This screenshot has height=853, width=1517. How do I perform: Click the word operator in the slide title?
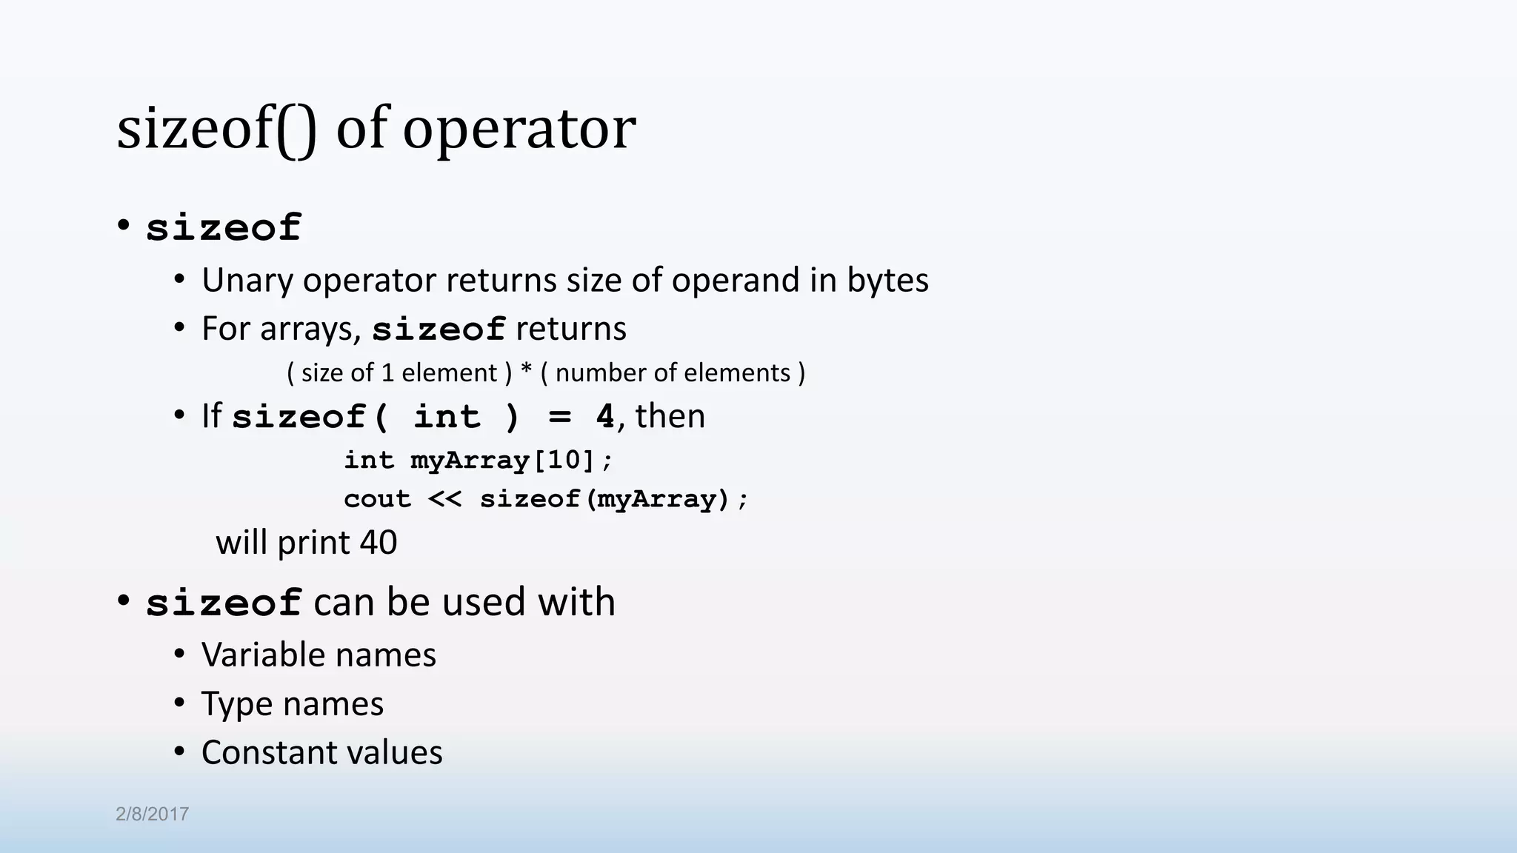tap(519, 130)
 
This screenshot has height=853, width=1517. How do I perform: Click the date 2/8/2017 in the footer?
tap(152, 814)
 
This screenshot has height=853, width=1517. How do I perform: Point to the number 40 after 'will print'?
tap(379, 543)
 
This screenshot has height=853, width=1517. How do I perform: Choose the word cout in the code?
tap(377, 499)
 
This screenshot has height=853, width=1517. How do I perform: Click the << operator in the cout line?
tap(445, 499)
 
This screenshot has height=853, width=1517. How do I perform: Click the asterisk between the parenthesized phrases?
tap(526, 372)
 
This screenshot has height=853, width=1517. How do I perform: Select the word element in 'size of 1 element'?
tap(449, 372)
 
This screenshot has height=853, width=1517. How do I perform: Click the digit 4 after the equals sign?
tap(605, 417)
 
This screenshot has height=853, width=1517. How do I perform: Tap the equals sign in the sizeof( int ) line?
tap(560, 417)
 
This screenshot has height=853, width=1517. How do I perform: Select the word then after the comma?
tap(670, 416)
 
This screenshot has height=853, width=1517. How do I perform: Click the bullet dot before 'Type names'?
tap(179, 703)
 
